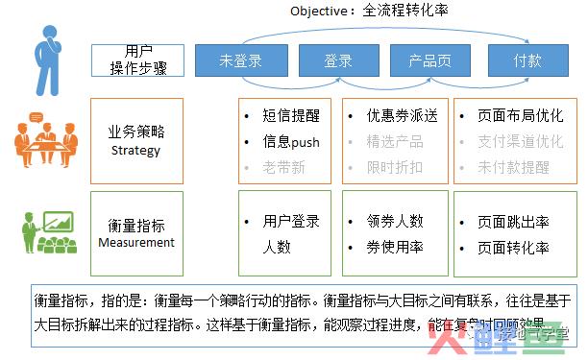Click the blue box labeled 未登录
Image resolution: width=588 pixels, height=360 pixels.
[x=240, y=60]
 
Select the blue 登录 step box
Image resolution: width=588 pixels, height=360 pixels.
[x=338, y=60]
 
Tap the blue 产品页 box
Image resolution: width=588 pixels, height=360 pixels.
[x=430, y=60]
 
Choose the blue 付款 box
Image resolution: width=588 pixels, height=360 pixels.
[x=527, y=60]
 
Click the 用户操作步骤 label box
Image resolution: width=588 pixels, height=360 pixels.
[x=138, y=60]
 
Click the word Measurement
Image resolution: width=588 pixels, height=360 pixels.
[x=137, y=242]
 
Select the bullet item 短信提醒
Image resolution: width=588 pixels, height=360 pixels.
[x=289, y=115]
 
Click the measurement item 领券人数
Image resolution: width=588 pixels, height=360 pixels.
[x=394, y=221]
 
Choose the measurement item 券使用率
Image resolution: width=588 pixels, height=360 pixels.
[x=394, y=247]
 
